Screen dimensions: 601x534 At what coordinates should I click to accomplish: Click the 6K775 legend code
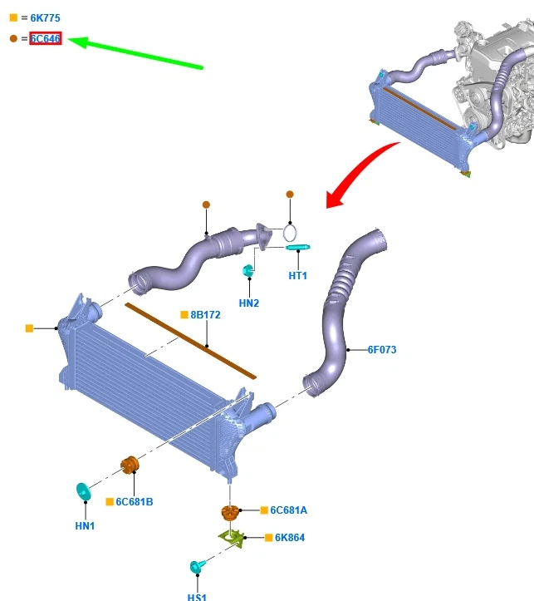click(45, 17)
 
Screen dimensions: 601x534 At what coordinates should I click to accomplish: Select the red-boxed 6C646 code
click(46, 38)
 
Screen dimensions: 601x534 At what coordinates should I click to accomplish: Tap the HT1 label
click(298, 276)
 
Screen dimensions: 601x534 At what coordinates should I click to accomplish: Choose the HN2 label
click(249, 303)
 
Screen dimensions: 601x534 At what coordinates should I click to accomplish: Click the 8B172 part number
click(205, 316)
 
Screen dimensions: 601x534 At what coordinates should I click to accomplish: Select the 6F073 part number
click(382, 350)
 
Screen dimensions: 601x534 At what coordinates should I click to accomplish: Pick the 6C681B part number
click(134, 502)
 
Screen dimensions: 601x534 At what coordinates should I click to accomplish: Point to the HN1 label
click(85, 526)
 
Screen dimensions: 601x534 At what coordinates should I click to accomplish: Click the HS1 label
click(197, 596)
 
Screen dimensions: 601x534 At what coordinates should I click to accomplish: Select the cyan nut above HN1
click(83, 491)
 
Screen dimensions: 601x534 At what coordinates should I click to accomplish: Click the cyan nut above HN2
click(247, 270)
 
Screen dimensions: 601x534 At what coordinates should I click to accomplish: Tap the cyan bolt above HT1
click(297, 247)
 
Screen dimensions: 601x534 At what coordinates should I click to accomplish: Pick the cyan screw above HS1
click(197, 567)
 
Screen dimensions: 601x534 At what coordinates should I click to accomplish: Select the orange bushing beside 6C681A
click(230, 512)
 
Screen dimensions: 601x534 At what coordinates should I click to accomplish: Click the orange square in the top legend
click(13, 17)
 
